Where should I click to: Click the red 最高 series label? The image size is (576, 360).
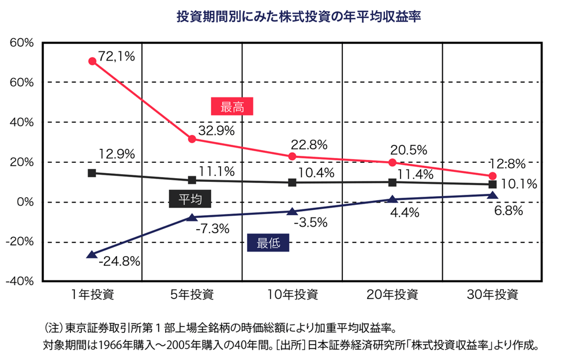click(233, 107)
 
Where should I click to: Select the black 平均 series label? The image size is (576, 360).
click(190, 199)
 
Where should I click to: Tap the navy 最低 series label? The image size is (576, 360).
click(268, 243)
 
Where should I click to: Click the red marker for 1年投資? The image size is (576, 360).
click(92, 61)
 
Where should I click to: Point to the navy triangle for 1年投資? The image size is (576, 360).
click(91, 254)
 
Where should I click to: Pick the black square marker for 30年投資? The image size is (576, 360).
click(492, 185)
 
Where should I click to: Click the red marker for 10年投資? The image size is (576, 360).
click(292, 156)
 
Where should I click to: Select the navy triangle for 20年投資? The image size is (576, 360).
click(392, 200)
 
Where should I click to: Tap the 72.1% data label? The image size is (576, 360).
click(117, 56)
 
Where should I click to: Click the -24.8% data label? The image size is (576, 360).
click(119, 262)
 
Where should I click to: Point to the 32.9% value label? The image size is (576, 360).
click(216, 130)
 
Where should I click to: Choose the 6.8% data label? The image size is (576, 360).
click(508, 211)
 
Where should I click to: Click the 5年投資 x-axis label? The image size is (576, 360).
click(192, 295)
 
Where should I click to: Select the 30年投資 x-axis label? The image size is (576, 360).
click(492, 295)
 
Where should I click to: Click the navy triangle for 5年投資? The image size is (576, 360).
click(192, 217)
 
